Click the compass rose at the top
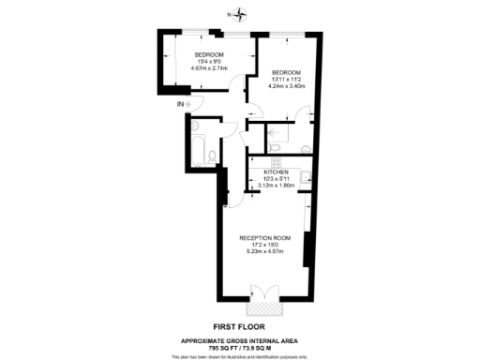[x=240, y=14]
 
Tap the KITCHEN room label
[x=276, y=173]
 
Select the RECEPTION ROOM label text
[x=268, y=238]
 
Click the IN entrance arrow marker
[x=183, y=103]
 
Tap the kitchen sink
[x=306, y=179]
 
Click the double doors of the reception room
[x=260, y=294]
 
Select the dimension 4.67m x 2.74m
[x=197, y=67]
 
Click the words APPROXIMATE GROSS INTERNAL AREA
[x=240, y=339]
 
